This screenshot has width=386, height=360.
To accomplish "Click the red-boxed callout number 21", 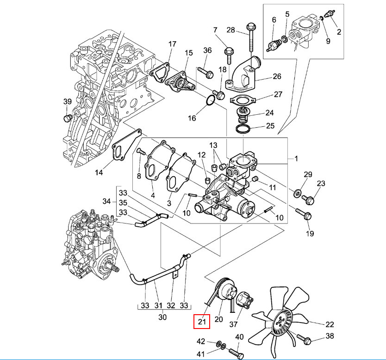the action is pyautogui.click(x=202, y=322).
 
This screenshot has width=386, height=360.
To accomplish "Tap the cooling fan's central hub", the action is pyautogui.click(x=281, y=322).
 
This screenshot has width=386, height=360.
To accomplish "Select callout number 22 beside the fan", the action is pyautogui.click(x=330, y=324).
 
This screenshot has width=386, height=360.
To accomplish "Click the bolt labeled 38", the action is pyautogui.click(x=305, y=339).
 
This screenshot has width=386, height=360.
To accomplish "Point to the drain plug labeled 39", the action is pyautogui.click(x=68, y=118).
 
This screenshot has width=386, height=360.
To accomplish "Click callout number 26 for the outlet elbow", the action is pyautogui.click(x=277, y=76).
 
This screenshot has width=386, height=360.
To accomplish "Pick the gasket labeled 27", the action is pyautogui.click(x=243, y=100).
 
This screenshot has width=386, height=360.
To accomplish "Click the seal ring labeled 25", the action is pyautogui.click(x=243, y=129).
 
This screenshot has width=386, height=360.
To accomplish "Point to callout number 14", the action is pyautogui.click(x=99, y=173).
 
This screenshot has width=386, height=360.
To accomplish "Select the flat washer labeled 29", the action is pyautogui.click(x=297, y=193).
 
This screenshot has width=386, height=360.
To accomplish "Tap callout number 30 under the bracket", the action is pyautogui.click(x=162, y=317).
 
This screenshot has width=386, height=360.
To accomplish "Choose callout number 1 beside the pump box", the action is pyautogui.click(x=296, y=159).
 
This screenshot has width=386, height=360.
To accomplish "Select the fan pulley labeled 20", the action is pyautogui.click(x=224, y=291).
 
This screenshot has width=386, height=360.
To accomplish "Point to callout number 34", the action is pyautogui.click(x=106, y=201).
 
